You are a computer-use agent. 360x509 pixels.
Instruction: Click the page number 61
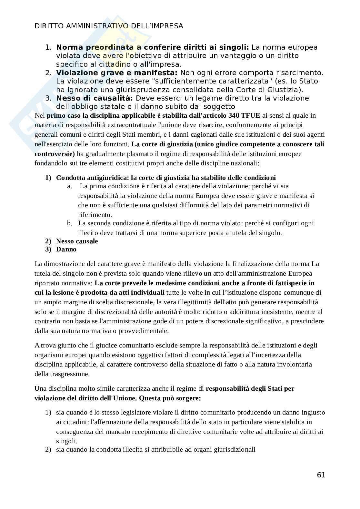click(321, 475)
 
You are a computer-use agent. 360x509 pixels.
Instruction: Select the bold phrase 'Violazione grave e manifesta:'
click(117, 73)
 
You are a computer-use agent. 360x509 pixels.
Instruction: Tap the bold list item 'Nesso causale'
click(77, 241)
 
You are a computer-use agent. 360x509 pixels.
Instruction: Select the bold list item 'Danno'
click(66, 249)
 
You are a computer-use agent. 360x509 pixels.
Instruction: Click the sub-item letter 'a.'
click(70, 186)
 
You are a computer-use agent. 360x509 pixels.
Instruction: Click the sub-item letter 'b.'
click(70, 223)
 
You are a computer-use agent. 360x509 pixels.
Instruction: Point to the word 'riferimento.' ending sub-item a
click(95, 215)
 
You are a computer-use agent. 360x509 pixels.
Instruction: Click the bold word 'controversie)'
click(55, 154)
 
